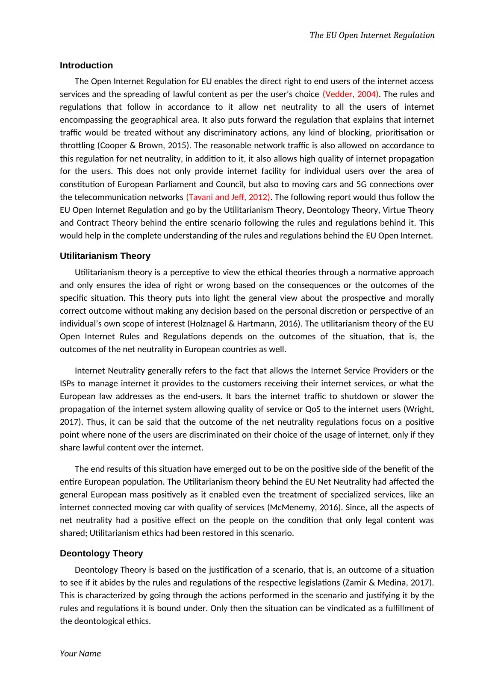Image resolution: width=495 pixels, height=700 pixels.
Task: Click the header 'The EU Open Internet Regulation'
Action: [372, 35]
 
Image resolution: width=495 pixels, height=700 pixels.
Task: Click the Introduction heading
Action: [86, 65]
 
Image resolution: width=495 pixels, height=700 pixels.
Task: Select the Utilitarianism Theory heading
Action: [105, 256]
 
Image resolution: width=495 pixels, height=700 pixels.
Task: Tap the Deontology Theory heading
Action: [101, 553]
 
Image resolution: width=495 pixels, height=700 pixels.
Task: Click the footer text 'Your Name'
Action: [80, 653]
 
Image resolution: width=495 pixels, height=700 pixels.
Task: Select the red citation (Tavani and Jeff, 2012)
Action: [228, 197]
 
